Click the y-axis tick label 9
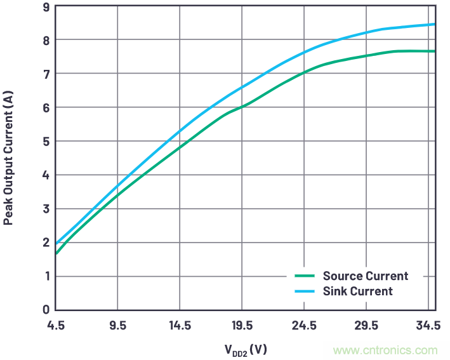pyautogui.click(x=46, y=7)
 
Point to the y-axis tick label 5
pyautogui.click(x=46, y=142)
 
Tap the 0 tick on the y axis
pyautogui.click(x=46, y=310)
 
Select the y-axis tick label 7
pyautogui.click(x=46, y=74)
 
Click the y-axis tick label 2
pyautogui.click(x=46, y=243)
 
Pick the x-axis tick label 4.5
pyautogui.click(x=56, y=326)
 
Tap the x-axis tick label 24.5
pyautogui.click(x=304, y=326)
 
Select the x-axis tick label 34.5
pyautogui.click(x=428, y=326)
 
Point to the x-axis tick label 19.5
pyautogui.click(x=242, y=326)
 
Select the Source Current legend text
pyautogui.click(x=366, y=276)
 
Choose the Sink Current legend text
pyautogui.click(x=358, y=291)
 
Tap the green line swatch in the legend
pyautogui.click(x=305, y=276)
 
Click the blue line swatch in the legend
pyautogui.click(x=305, y=291)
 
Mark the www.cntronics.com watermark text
pyautogui.click(x=385, y=350)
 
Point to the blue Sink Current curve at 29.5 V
pyautogui.click(x=366, y=32)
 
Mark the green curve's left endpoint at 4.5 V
pyautogui.click(x=56, y=253)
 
